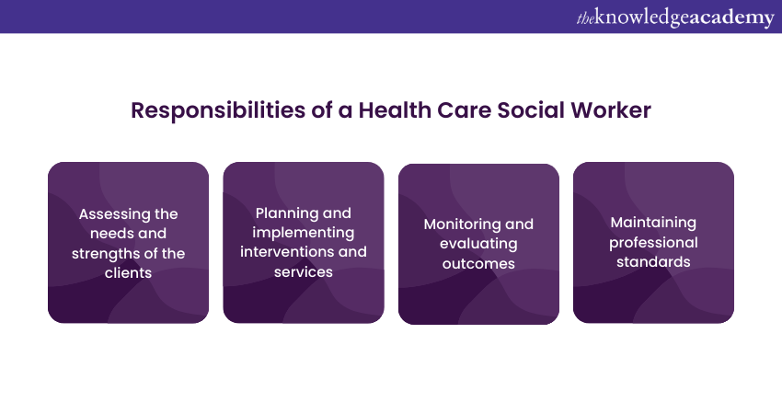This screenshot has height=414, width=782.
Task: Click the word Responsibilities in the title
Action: [218, 110]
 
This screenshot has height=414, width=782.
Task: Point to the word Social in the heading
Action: [531, 110]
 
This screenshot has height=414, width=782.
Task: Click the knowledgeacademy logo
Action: [675, 17]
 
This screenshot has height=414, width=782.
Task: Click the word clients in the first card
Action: [128, 273]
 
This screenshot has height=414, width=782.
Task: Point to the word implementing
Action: [304, 233]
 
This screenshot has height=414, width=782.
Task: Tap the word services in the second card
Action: [304, 272]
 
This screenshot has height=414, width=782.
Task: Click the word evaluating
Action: [478, 244]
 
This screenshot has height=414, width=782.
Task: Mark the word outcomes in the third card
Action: [478, 263]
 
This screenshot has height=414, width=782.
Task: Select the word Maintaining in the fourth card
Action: [653, 223]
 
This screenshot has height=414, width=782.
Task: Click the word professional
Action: [653, 243]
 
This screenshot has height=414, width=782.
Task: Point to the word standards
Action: [653, 262]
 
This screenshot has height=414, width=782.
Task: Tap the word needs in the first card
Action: [108, 234]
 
